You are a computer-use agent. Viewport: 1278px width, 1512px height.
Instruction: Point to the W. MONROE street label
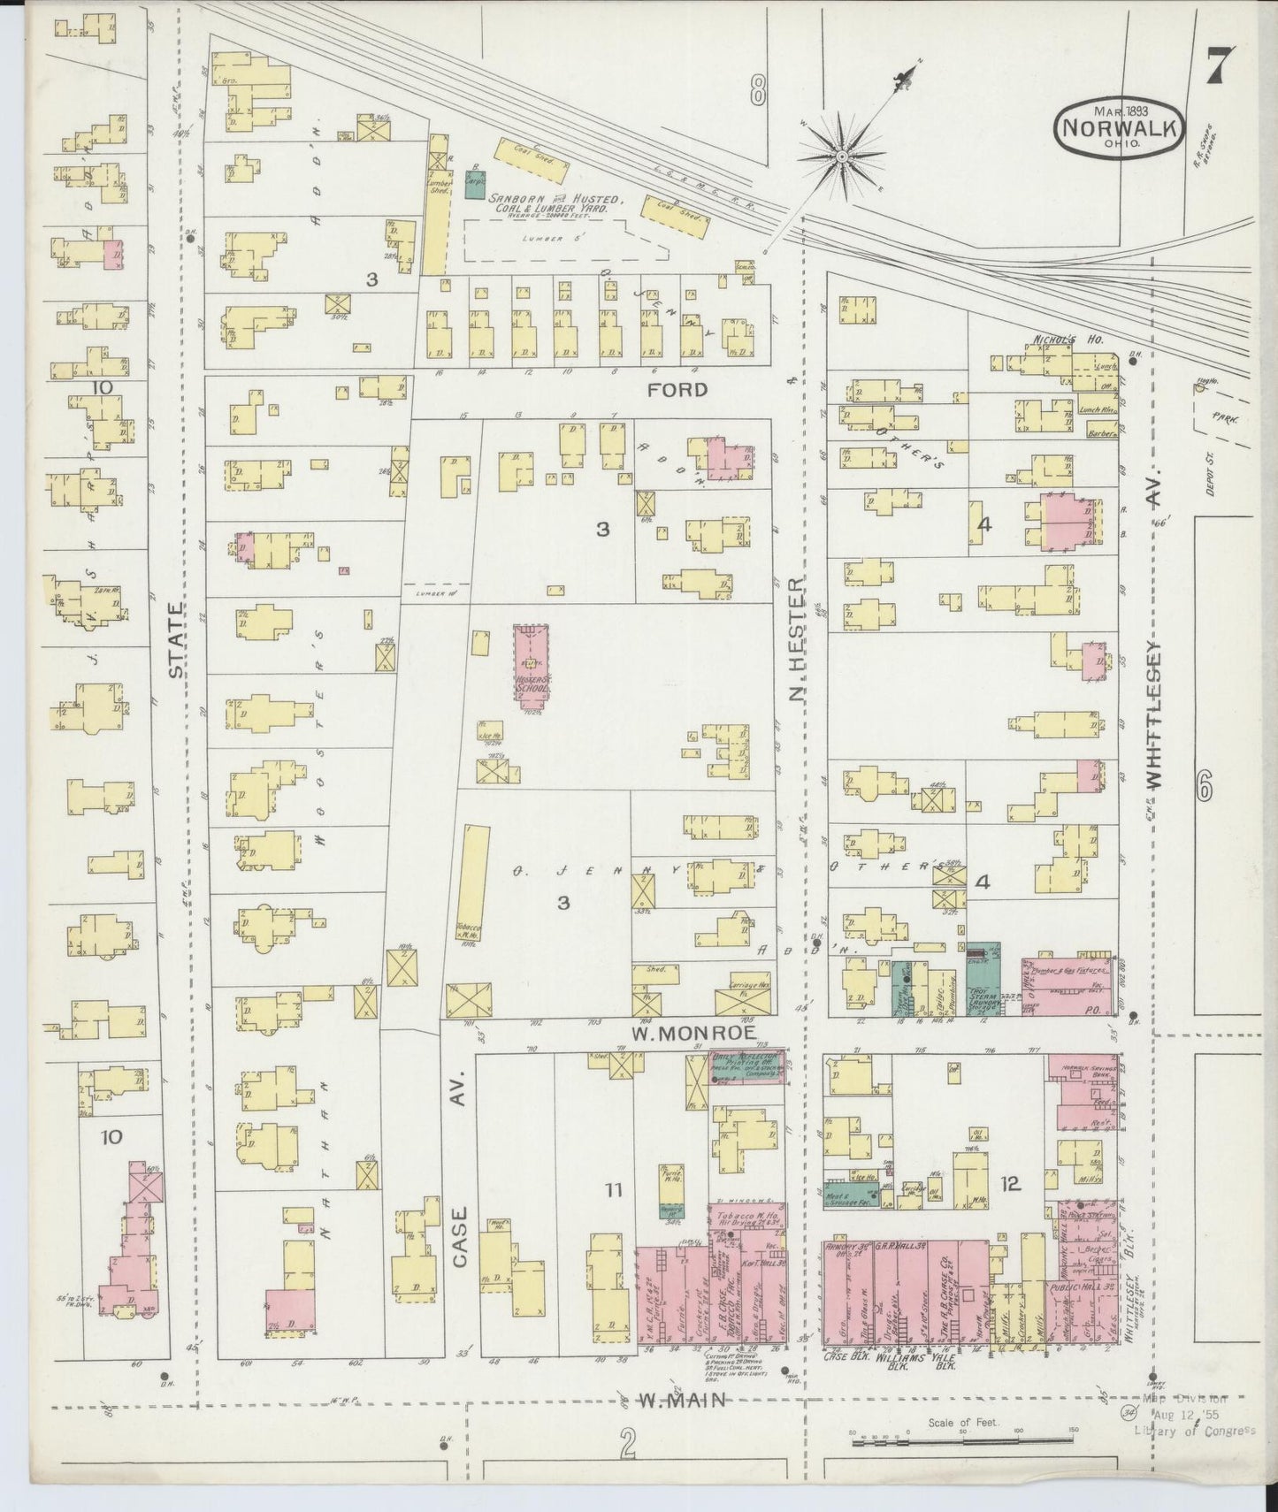click(x=686, y=1030)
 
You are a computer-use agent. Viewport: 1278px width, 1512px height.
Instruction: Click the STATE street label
click(x=177, y=641)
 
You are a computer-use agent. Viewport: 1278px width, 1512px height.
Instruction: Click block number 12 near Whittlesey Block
click(x=1011, y=1182)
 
